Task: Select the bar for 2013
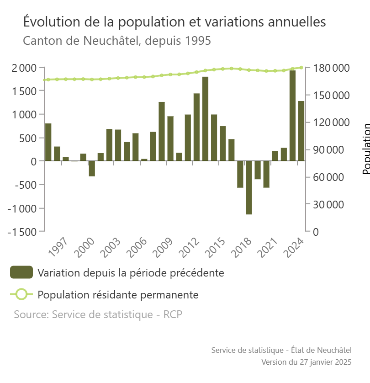pyautogui.click(x=205, y=119)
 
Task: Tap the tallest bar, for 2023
pyautogui.click(x=292, y=116)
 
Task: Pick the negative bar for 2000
pyautogui.click(x=92, y=168)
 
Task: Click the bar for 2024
pyautogui.click(x=301, y=131)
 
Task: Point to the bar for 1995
pyautogui.click(x=48, y=142)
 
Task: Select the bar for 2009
pyautogui.click(x=170, y=138)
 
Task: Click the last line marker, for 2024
pyautogui.click(x=301, y=67)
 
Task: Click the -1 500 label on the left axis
pyautogui.click(x=22, y=231)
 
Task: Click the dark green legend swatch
pyautogui.click(x=21, y=272)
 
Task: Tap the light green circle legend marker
pyautogui.click(x=21, y=294)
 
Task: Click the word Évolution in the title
pyautogui.click(x=50, y=22)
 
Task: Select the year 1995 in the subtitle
pyautogui.click(x=198, y=41)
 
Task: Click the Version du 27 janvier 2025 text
pyautogui.click(x=306, y=362)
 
